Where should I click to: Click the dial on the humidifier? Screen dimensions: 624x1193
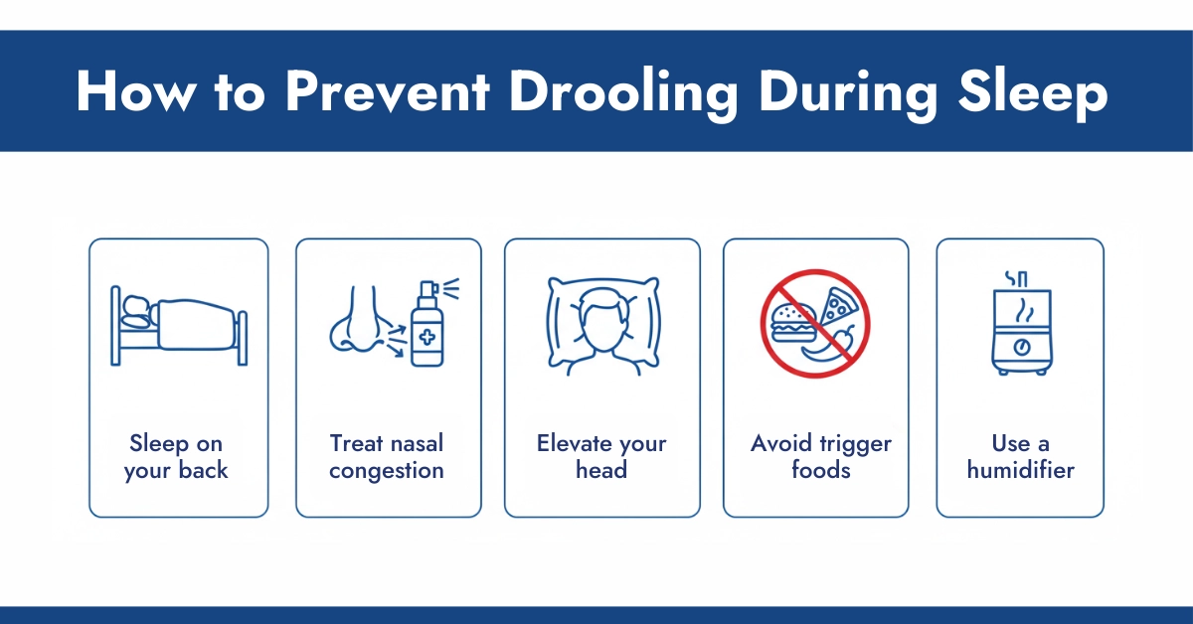pyautogui.click(x=1020, y=347)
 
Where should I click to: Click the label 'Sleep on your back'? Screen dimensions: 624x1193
pyautogui.click(x=176, y=456)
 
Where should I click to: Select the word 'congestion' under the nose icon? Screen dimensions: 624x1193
pyautogui.click(x=387, y=470)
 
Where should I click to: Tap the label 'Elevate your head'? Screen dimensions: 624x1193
pyautogui.click(x=601, y=456)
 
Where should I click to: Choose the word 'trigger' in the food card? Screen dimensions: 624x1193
pyautogui.click(x=854, y=443)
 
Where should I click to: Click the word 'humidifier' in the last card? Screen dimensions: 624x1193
pyautogui.click(x=1020, y=470)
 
